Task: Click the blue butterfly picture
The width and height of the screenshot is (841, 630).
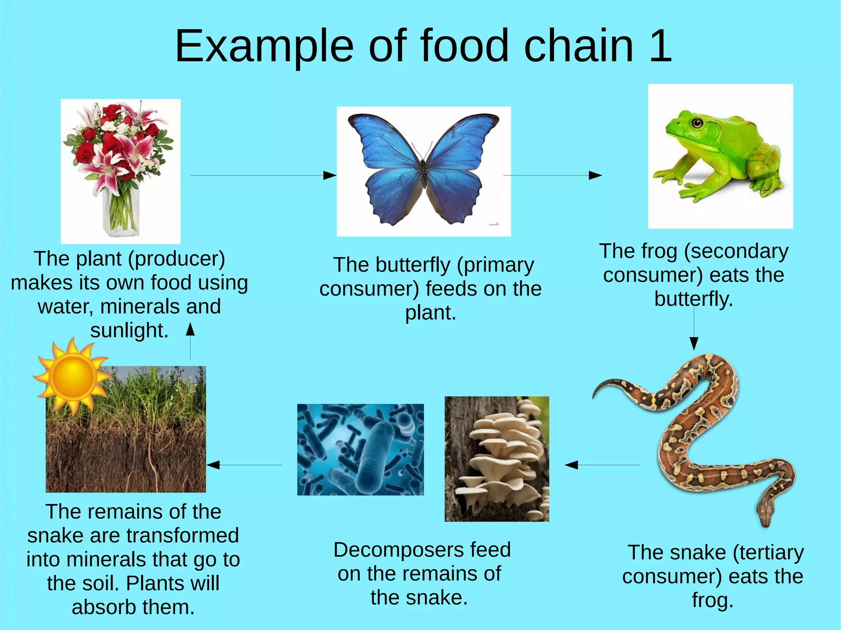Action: tap(423, 171)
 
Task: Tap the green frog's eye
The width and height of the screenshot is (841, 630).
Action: tap(696, 123)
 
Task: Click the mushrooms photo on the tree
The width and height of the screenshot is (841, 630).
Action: tap(496, 459)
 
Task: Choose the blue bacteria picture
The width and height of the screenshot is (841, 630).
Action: tap(360, 449)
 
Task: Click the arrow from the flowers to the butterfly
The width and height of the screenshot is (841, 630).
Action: tap(263, 176)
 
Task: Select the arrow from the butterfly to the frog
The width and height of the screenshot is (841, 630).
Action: tap(552, 176)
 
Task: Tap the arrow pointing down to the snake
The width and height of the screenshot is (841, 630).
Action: tap(694, 328)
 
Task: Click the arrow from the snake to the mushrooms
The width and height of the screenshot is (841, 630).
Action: tap(602, 465)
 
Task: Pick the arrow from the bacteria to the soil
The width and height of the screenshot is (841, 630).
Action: tap(244, 465)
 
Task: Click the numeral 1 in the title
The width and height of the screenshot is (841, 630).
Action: tap(660, 46)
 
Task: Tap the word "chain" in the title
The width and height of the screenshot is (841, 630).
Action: tap(579, 46)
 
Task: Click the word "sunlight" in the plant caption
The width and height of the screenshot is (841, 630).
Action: tap(129, 330)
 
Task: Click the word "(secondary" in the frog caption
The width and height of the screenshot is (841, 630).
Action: tap(736, 252)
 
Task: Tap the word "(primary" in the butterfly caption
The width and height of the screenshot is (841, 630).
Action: tap(495, 265)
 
